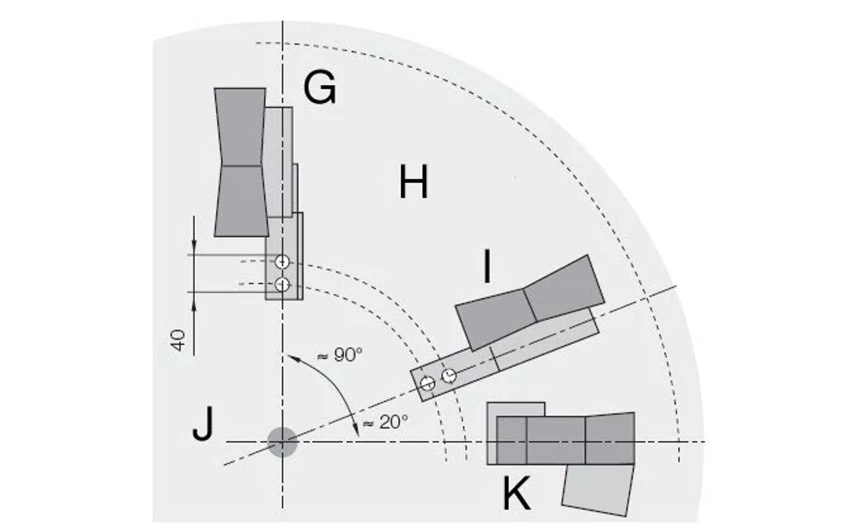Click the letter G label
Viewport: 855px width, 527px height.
click(319, 88)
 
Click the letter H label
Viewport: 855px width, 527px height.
click(413, 183)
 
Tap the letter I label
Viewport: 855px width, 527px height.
click(487, 267)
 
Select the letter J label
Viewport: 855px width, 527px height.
click(202, 425)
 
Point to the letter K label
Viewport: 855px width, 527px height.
click(516, 495)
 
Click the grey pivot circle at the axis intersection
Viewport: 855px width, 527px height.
click(283, 442)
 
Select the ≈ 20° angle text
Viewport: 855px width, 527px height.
click(385, 422)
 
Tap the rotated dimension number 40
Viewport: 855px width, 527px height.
click(178, 340)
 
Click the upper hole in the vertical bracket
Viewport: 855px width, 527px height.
click(282, 262)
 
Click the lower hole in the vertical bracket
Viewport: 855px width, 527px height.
click(282, 285)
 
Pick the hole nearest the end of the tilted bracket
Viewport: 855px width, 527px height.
click(427, 383)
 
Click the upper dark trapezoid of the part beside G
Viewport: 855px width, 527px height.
click(240, 126)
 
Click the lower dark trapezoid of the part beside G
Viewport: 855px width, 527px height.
click(241, 200)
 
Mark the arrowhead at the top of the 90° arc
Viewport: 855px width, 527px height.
click(290, 354)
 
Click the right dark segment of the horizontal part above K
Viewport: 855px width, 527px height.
click(609, 438)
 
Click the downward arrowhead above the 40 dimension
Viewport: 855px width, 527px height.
click(194, 247)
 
